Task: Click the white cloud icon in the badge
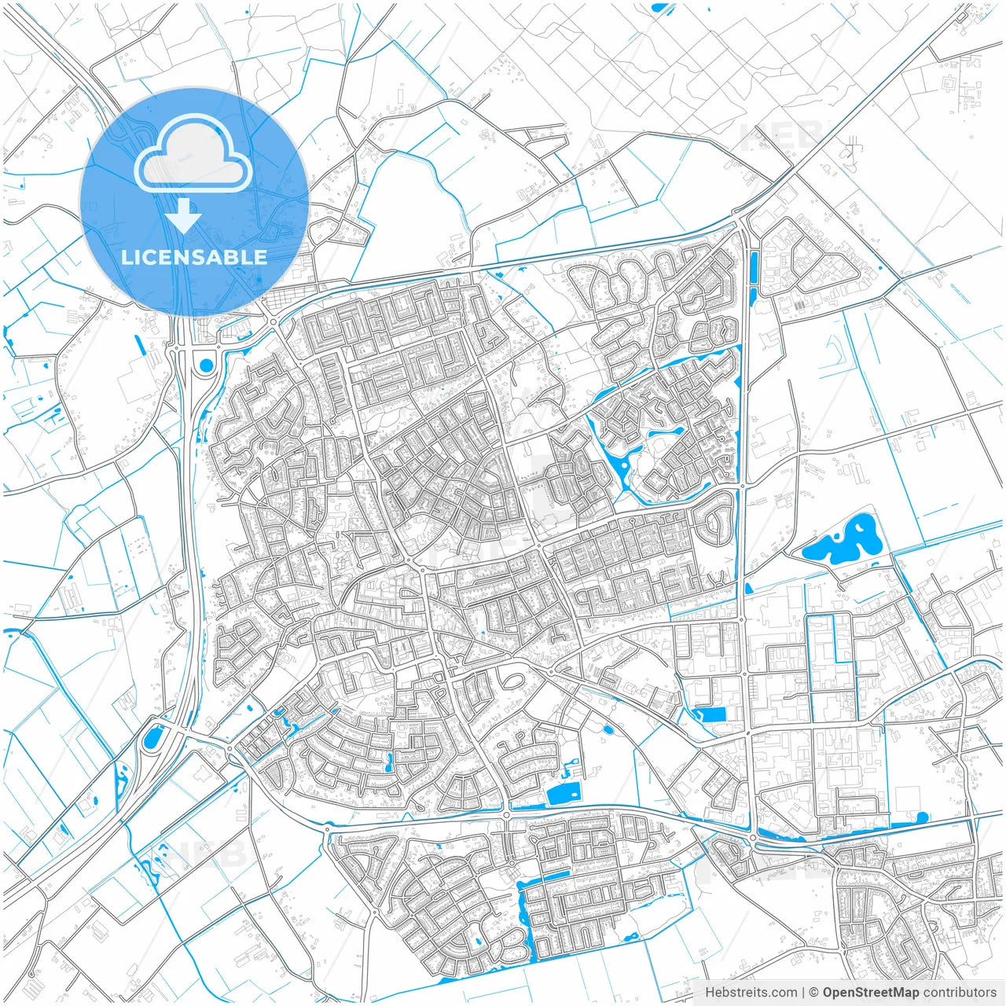tap(193, 154)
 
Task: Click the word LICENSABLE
tap(193, 257)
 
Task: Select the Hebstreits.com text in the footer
tap(751, 993)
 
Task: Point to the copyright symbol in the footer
tap(814, 993)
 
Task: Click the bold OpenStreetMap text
tap(871, 993)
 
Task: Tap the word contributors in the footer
tap(960, 993)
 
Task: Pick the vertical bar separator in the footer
tap(803, 993)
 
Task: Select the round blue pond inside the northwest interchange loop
tap(206, 365)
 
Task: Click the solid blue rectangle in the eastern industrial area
tap(712, 714)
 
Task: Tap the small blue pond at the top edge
tap(661, 8)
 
